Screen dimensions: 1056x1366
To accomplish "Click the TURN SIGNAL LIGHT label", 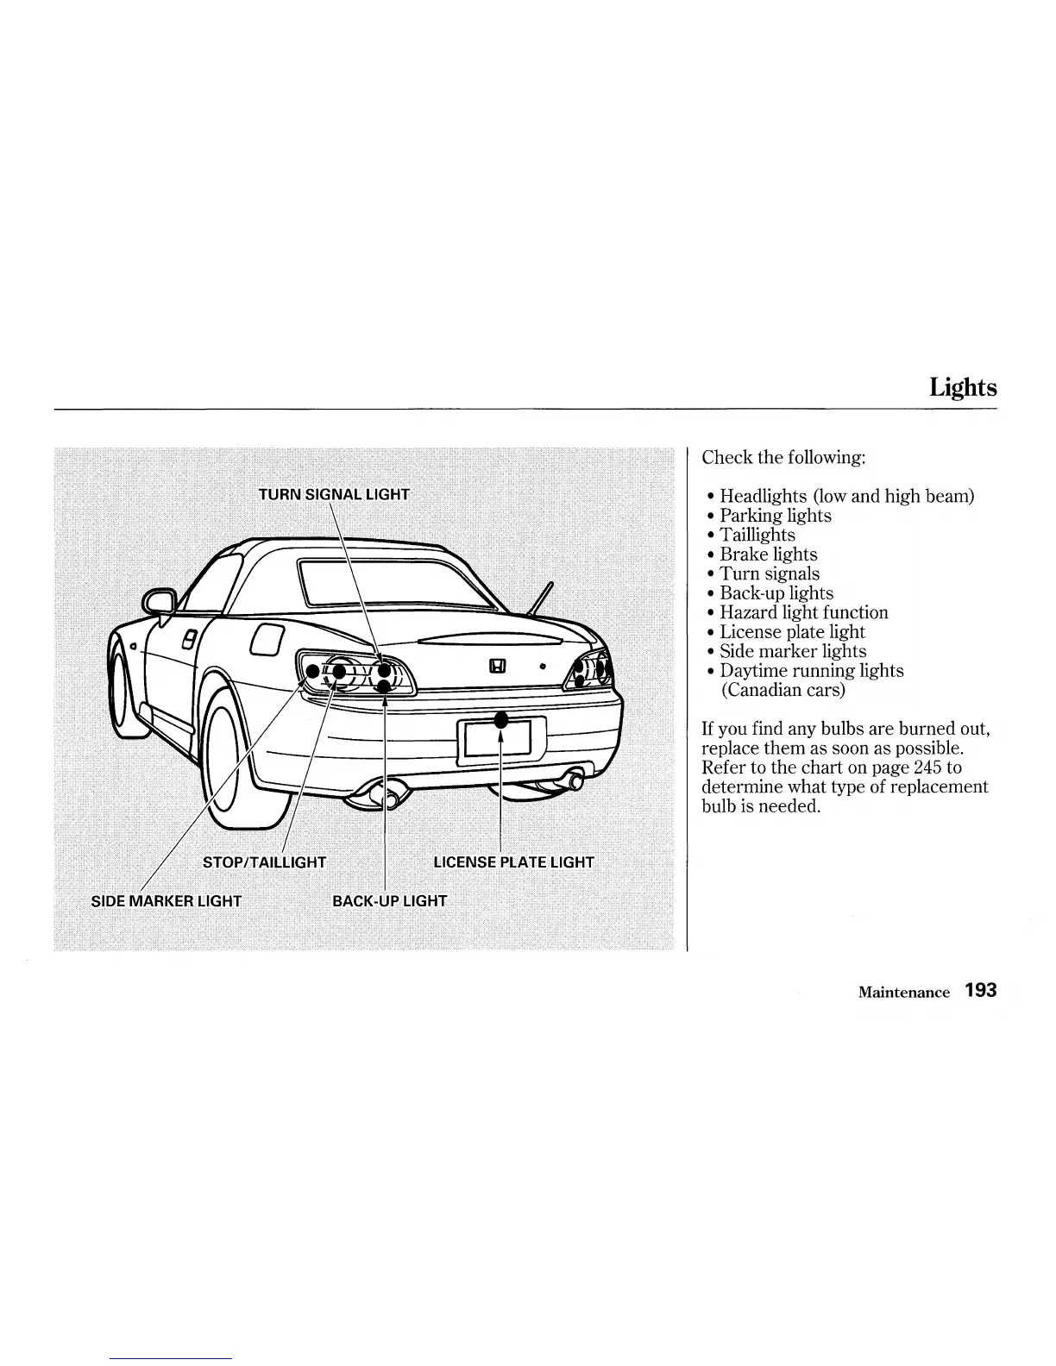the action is coord(334,494).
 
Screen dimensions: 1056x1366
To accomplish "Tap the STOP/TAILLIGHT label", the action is coord(264,862).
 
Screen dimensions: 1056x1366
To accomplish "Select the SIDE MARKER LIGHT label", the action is coord(167,901).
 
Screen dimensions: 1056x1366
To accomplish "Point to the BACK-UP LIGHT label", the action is coord(390,901).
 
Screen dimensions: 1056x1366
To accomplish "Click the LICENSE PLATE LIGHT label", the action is coord(513,862).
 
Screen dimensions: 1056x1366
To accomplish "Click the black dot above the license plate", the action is coord(500,721).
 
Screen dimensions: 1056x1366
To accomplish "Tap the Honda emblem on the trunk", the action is coord(498,666).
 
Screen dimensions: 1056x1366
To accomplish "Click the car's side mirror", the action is coord(160,601).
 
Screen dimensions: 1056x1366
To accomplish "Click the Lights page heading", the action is coord(963,388).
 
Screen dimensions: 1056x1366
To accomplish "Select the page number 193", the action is coord(981,990).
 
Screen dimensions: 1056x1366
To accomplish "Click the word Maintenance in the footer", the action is coord(903,993).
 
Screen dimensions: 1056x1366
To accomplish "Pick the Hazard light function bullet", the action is coord(803,613).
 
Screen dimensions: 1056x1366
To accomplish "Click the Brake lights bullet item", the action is coord(768,555).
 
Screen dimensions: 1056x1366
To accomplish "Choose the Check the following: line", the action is coord(783,458).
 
